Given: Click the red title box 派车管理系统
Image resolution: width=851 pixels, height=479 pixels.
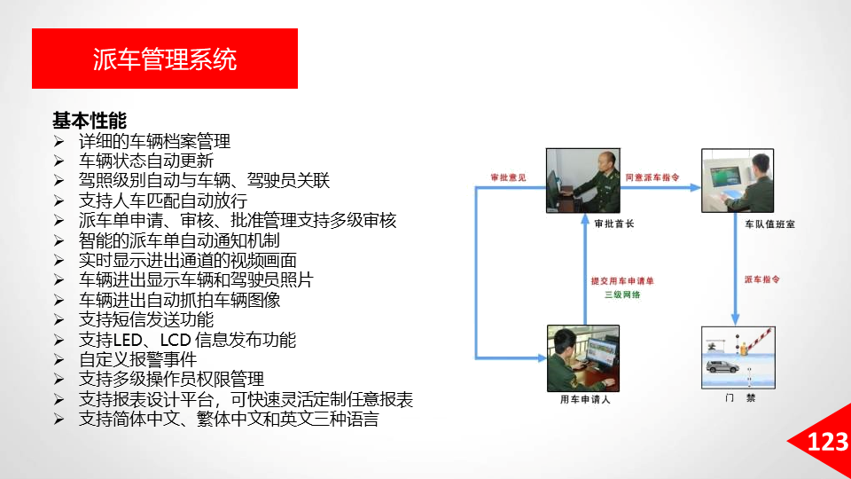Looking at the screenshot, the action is click(x=165, y=59).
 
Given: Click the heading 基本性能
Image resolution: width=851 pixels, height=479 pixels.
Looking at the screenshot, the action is click(x=90, y=120).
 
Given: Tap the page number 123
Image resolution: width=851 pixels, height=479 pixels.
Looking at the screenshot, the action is click(x=828, y=442).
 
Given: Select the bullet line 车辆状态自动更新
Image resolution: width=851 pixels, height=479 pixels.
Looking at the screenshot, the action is click(x=146, y=161).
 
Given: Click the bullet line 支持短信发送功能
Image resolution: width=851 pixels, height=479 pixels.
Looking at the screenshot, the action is click(x=146, y=320).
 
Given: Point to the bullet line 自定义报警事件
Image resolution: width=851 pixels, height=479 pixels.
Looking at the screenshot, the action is click(x=137, y=359).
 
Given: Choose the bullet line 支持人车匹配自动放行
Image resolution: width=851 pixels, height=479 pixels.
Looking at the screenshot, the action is click(x=163, y=200).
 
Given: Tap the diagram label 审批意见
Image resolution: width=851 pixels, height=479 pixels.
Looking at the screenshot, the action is click(x=509, y=177).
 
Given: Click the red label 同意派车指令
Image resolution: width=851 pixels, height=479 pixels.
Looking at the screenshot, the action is click(x=652, y=177).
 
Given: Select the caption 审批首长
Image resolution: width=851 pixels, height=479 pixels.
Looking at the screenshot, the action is click(x=613, y=224).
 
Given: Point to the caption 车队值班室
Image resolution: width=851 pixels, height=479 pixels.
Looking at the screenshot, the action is click(x=769, y=224).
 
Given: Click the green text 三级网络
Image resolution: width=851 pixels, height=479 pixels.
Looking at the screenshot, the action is click(x=622, y=294).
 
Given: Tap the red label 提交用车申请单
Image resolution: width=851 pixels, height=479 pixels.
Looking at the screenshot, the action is click(x=622, y=281).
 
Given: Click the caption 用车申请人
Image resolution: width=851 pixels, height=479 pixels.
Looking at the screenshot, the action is click(x=585, y=400).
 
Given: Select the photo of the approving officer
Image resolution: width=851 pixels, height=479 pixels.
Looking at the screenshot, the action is click(x=583, y=180).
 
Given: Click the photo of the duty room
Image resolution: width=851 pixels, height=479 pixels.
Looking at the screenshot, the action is click(x=738, y=180).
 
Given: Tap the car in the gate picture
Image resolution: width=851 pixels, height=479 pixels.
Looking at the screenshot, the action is click(x=722, y=366).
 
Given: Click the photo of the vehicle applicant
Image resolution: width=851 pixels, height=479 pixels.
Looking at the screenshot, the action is click(x=583, y=358).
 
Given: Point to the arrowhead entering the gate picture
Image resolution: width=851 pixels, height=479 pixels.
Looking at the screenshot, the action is click(x=736, y=319).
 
